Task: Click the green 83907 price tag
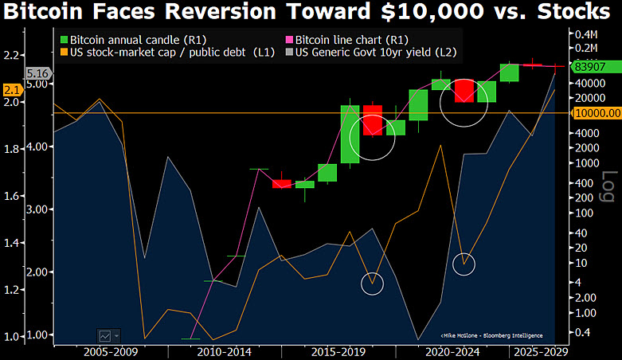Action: click(596, 67)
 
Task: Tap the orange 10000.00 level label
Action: click(597, 113)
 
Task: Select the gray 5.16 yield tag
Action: click(38, 73)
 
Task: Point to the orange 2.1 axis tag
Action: click(12, 90)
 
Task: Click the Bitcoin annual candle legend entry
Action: click(133, 40)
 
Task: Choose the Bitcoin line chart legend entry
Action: click(347, 40)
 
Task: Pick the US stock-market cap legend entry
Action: click(167, 53)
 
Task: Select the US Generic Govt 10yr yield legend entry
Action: click(371, 53)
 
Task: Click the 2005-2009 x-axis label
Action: click(111, 352)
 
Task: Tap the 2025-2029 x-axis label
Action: click(541, 352)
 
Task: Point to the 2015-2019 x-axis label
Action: click(338, 352)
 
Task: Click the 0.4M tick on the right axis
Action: click(586, 34)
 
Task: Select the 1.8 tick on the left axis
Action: click(11, 149)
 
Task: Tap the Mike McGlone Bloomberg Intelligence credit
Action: click(491, 336)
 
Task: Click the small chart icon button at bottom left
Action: click(105, 336)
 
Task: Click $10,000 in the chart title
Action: click(432, 11)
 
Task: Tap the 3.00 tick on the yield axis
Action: click(37, 209)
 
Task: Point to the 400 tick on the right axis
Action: click(585, 183)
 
